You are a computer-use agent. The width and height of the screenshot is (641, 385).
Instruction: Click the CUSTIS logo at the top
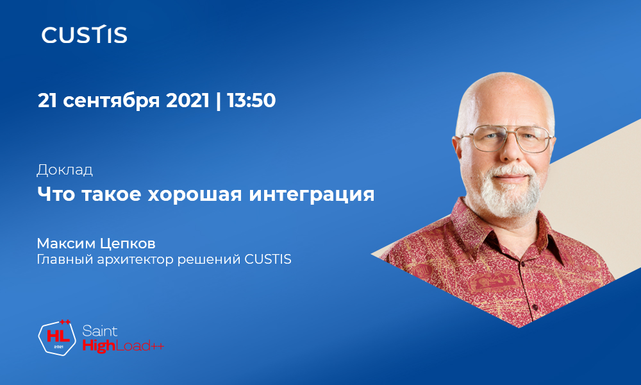coord(84,35)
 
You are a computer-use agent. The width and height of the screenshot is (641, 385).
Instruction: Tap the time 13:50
coord(252,101)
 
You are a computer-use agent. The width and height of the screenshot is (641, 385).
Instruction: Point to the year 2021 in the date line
coord(188,101)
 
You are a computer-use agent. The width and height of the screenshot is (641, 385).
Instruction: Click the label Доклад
coord(65,170)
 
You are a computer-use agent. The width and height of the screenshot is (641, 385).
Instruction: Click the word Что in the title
coord(55,194)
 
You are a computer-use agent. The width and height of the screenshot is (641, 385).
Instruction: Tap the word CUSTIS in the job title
coord(268,261)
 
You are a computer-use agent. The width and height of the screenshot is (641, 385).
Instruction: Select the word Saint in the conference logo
coord(100,331)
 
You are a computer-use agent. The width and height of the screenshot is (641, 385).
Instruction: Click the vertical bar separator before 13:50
coord(219,101)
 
